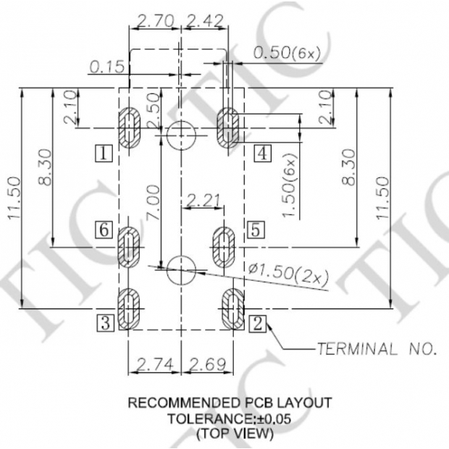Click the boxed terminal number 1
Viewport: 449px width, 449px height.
[104, 154]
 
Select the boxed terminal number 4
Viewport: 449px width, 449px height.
[263, 154]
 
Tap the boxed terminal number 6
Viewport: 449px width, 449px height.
[104, 230]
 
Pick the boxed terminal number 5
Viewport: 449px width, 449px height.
[256, 230]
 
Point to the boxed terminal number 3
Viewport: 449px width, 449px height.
[106, 323]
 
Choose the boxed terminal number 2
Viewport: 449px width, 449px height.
[257, 324]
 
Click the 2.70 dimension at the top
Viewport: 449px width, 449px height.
[156, 21]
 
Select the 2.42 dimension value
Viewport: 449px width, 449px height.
[204, 21]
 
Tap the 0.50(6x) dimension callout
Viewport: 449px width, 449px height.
[287, 53]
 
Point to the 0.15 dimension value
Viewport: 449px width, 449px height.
[107, 67]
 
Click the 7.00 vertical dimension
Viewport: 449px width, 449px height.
[153, 202]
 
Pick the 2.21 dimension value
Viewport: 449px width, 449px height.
[203, 200]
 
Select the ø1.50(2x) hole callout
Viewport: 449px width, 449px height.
[289, 274]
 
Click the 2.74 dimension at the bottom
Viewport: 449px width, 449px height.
[155, 364]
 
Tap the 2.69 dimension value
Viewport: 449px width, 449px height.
[208, 364]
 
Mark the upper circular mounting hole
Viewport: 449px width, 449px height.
[181, 135]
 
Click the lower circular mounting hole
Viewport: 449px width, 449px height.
[181, 270]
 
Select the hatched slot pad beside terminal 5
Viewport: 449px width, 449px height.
[224, 247]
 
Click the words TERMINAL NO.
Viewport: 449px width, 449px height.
[377, 349]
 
